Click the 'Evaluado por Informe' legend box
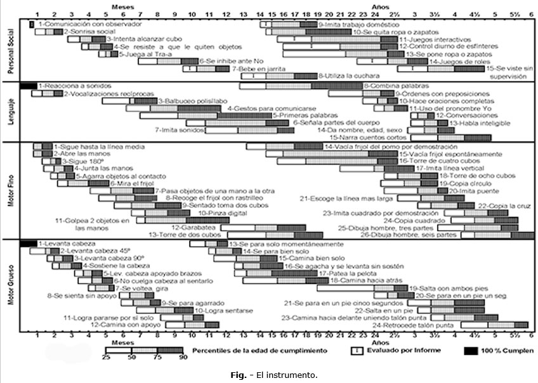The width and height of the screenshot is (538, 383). [357, 350]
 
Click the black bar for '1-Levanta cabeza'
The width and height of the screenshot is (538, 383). [28, 243]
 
